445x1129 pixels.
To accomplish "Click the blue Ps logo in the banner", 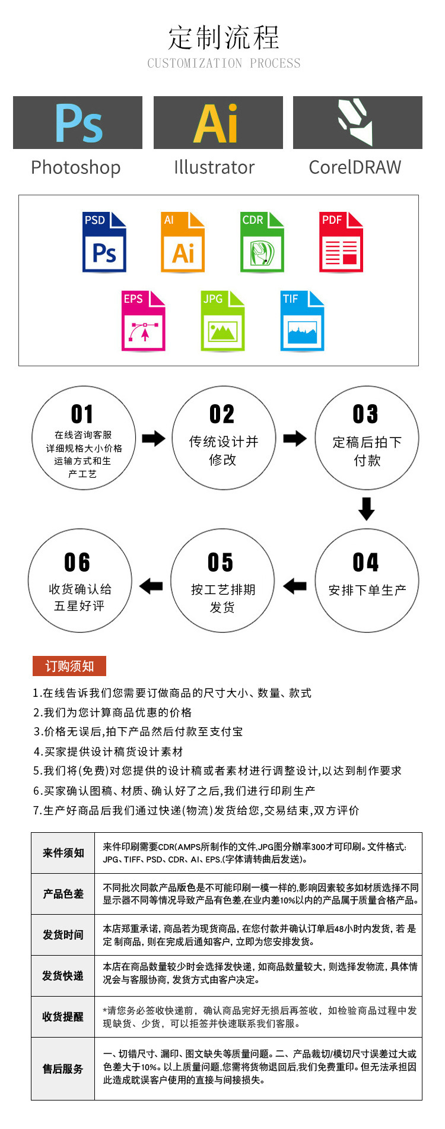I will (x=78, y=123).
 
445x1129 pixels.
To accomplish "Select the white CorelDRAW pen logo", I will (x=356, y=122).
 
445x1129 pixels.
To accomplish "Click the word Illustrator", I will (x=214, y=167).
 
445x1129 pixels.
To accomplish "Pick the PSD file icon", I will (x=104, y=242).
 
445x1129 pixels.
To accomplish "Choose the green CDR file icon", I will (x=262, y=242).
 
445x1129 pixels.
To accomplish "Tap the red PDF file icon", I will (x=341, y=242).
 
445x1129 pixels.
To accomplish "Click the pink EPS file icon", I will (x=144, y=321).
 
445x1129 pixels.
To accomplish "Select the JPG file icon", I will (x=223, y=321).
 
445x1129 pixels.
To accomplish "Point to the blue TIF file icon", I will (x=302, y=321).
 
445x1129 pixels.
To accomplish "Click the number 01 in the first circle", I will (x=82, y=414).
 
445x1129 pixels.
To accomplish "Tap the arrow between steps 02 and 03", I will (x=295, y=439).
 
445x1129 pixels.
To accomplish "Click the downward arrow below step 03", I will (x=367, y=509).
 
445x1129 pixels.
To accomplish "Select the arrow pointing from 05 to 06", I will (x=151, y=586).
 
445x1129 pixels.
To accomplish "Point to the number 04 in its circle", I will (x=365, y=562).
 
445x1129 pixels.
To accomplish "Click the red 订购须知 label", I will (x=69, y=666).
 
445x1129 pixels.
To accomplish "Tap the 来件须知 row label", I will (x=63, y=853).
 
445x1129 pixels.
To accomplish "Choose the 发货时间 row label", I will (x=63, y=935).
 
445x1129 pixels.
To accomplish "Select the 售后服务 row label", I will (x=63, y=1068).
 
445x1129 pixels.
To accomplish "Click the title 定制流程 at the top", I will (x=224, y=38).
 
